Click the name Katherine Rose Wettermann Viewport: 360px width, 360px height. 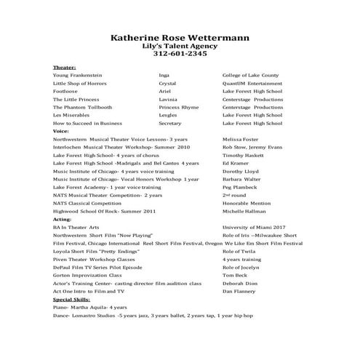180,37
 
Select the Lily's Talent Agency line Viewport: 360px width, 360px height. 180,46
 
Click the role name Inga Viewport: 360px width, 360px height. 164,75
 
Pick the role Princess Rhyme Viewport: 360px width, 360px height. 178,107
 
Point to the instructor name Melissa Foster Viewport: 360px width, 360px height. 245,138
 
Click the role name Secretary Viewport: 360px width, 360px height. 170,123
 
